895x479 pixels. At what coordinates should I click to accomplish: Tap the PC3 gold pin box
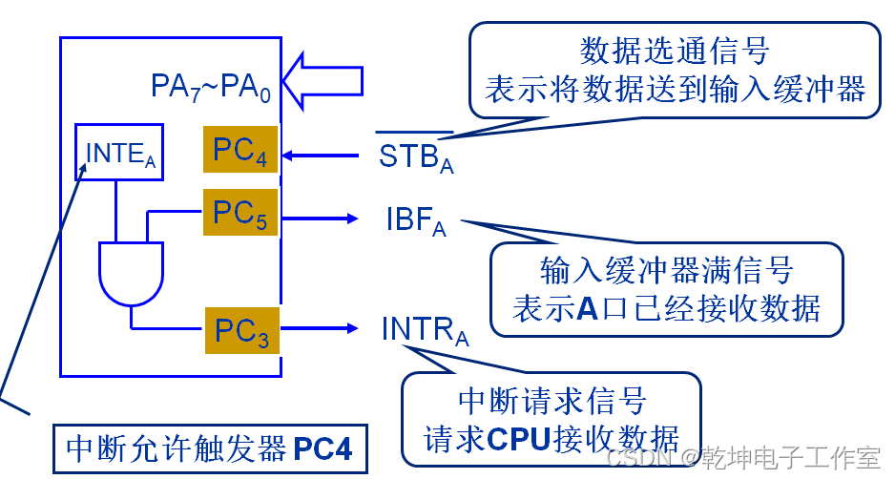click(x=241, y=330)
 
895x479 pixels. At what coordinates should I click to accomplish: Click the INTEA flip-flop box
click(x=120, y=153)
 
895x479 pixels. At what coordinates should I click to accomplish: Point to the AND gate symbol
click(x=131, y=273)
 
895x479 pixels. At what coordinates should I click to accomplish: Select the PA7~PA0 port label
click(x=211, y=87)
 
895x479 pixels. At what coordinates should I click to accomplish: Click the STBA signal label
click(x=415, y=156)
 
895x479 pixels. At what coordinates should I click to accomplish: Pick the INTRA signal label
click(x=425, y=330)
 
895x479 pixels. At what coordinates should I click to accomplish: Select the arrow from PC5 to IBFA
click(x=320, y=219)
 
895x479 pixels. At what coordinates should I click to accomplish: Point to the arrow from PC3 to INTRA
click(x=320, y=330)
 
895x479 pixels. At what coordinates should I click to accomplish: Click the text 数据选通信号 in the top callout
click(x=674, y=50)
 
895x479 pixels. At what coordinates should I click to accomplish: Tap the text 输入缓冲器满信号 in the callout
click(x=666, y=271)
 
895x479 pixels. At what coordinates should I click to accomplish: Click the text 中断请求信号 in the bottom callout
click(x=552, y=400)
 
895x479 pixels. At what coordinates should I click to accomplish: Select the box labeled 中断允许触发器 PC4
click(x=209, y=447)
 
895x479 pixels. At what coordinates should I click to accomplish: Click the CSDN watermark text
click(x=640, y=458)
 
